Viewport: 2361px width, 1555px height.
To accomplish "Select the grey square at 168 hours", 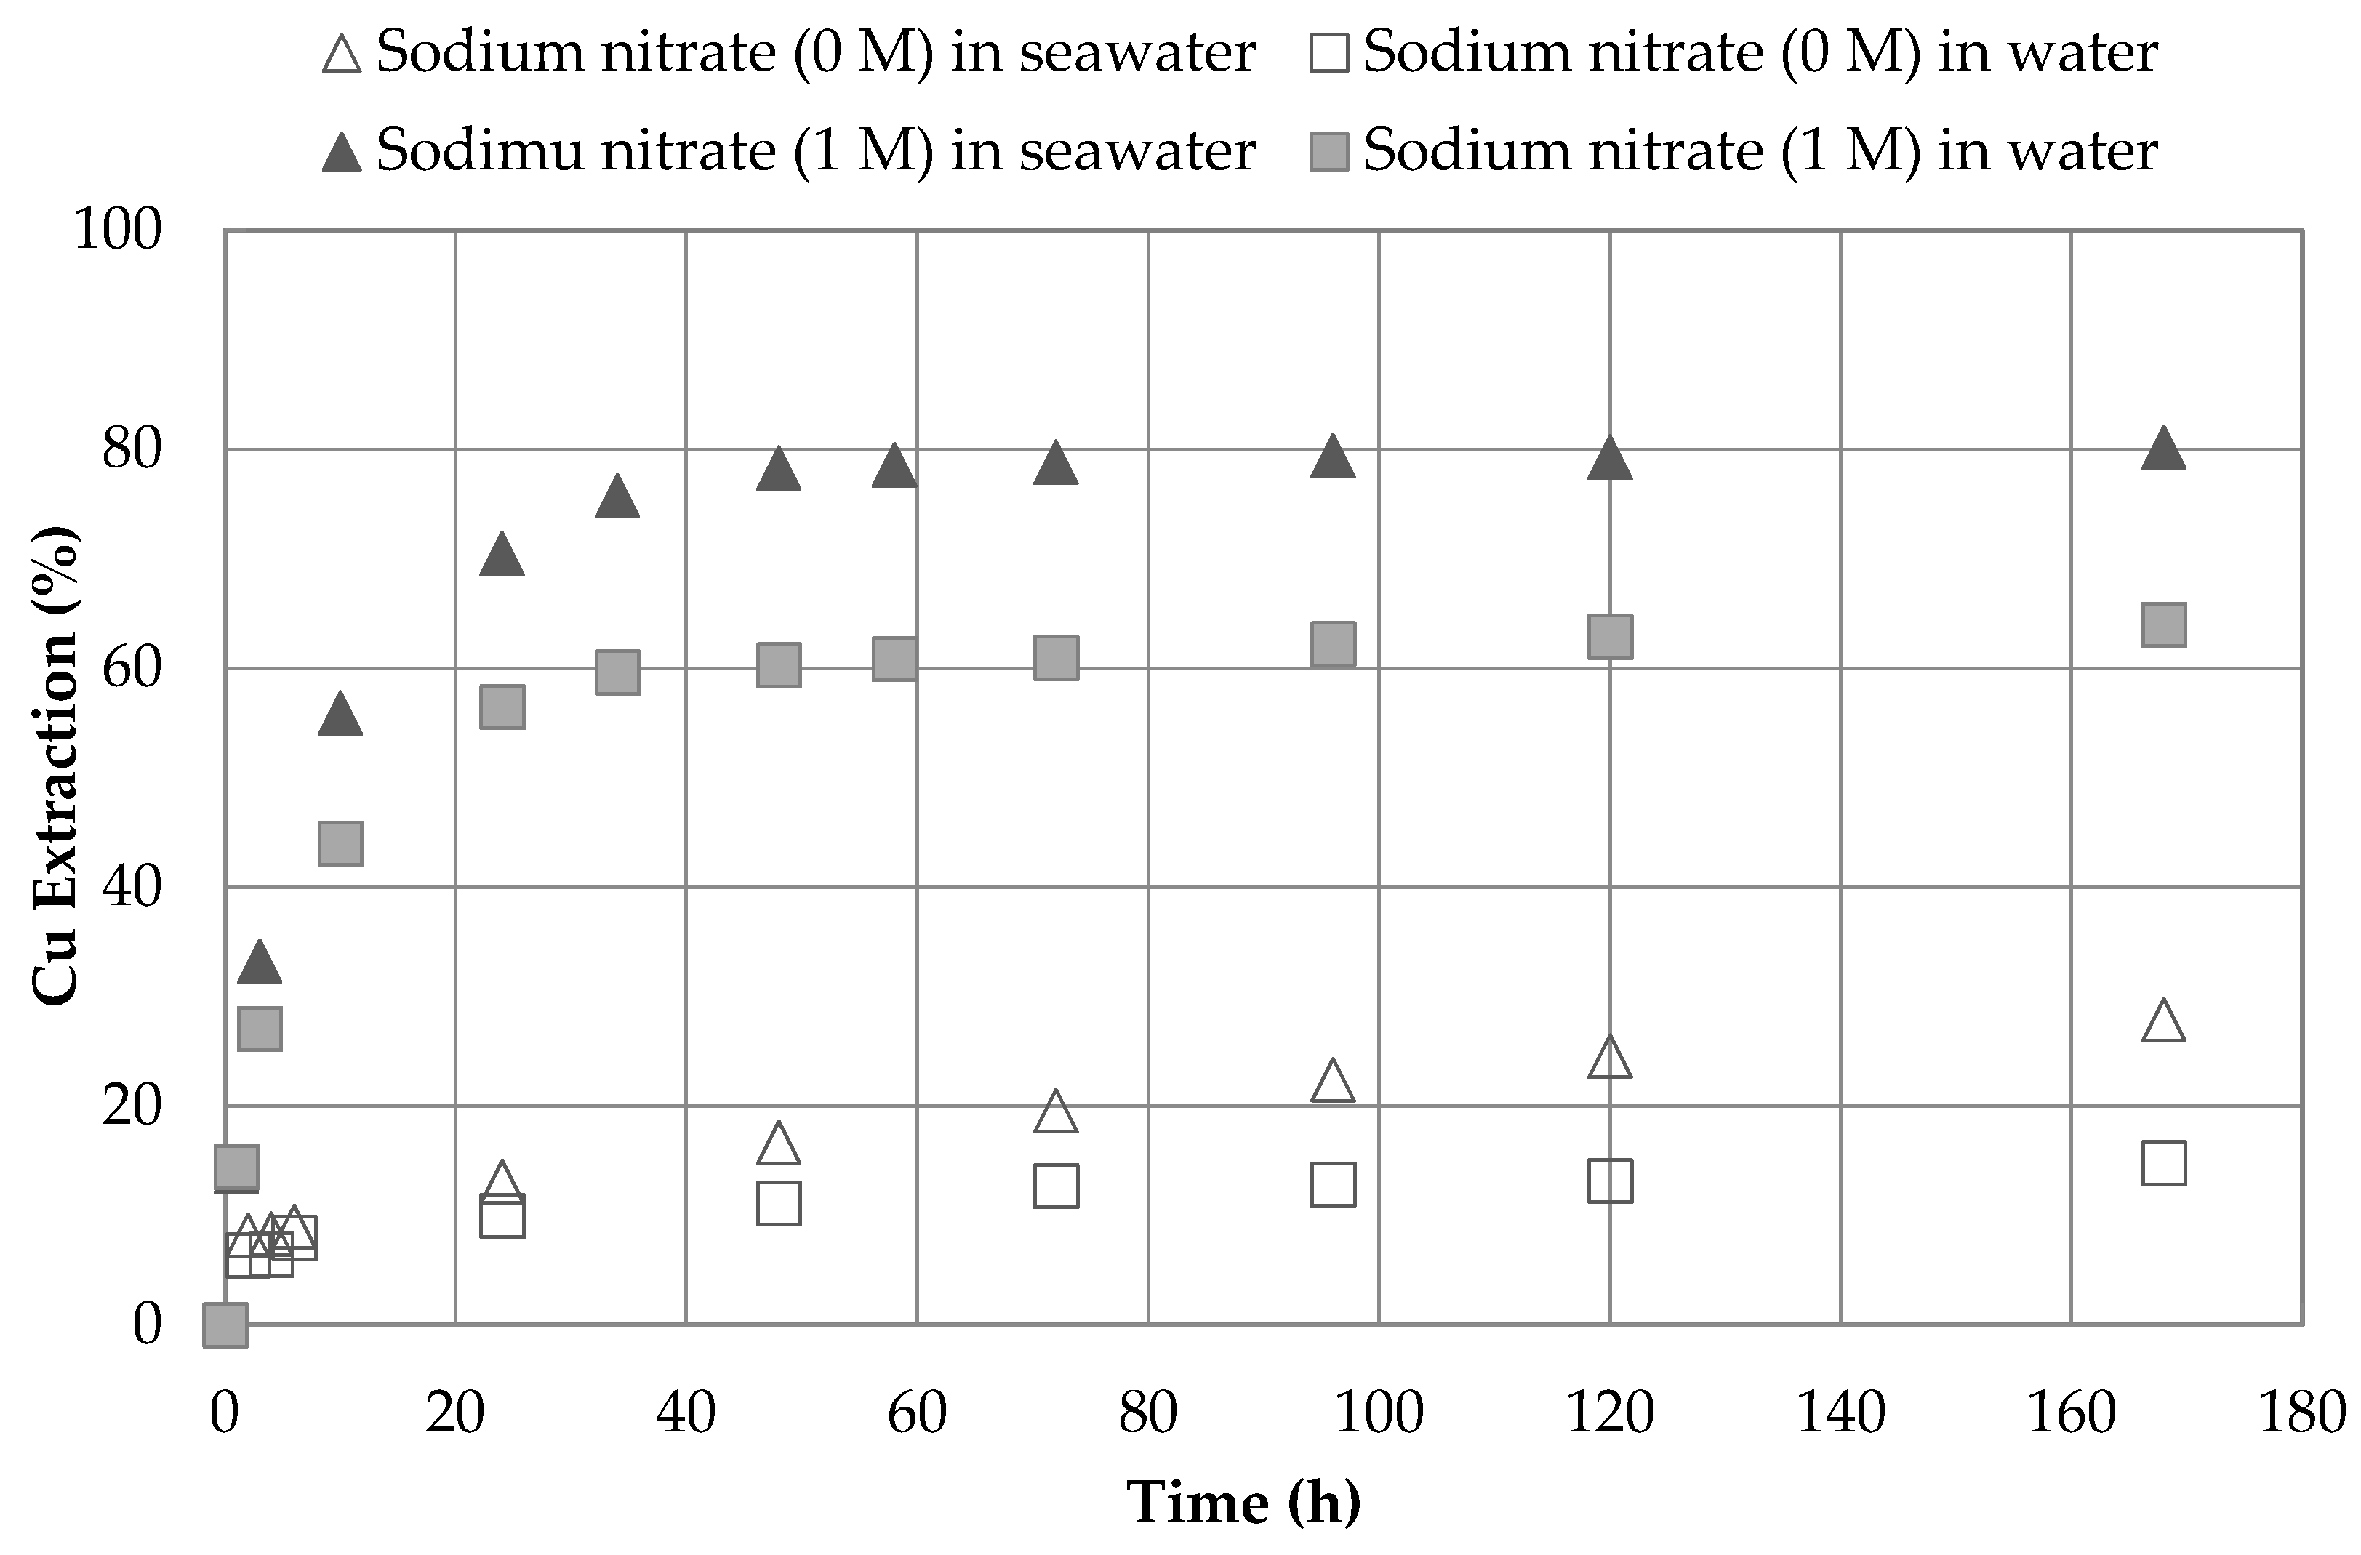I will click(2164, 624).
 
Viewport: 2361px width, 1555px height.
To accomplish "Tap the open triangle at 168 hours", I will click(2164, 1022).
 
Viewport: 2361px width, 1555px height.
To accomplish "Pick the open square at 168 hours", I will click(2164, 1163).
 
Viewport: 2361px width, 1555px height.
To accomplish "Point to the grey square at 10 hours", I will click(340, 843).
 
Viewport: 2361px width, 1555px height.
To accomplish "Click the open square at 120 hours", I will click(1610, 1180).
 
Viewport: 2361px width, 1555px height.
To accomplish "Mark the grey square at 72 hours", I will click(1056, 657).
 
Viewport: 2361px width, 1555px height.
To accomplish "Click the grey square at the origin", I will click(225, 1325).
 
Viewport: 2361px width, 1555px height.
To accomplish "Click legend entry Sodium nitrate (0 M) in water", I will click(1732, 52).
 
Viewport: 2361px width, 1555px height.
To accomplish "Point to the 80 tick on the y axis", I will click(131, 449).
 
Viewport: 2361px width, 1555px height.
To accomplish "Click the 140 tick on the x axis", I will click(1840, 1413).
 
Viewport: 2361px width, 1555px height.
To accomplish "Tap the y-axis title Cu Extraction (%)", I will click(57, 768).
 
